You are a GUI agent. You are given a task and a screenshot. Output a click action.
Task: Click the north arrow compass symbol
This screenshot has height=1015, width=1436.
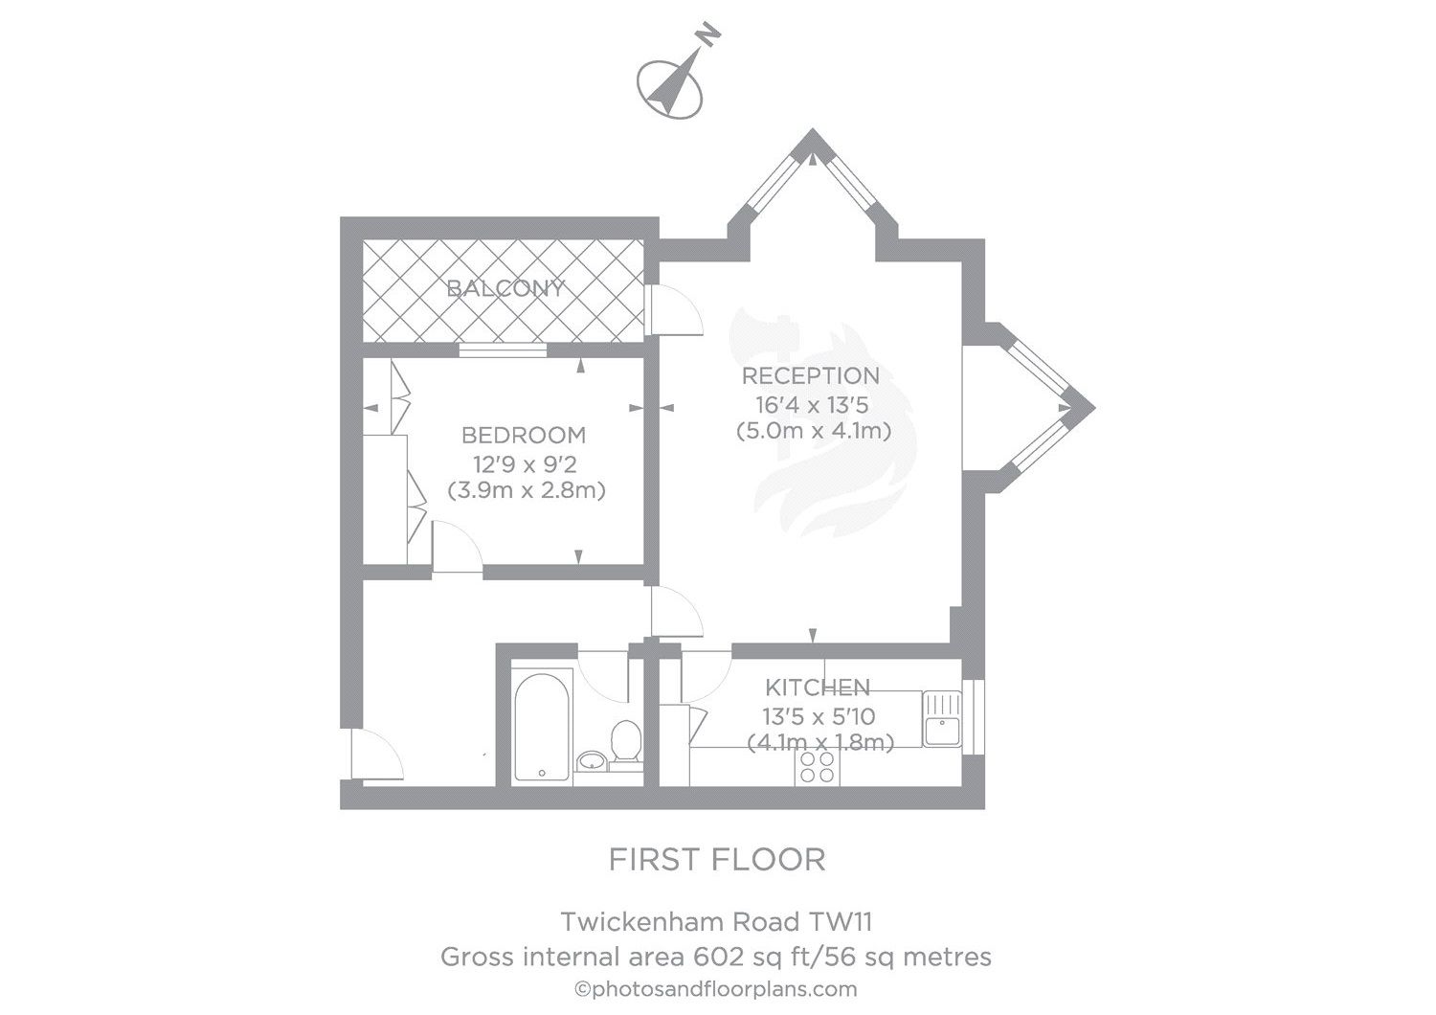click(674, 77)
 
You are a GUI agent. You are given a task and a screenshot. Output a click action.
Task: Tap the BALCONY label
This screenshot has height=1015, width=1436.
click(505, 288)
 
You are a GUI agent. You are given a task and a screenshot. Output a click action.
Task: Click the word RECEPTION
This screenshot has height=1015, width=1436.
click(811, 375)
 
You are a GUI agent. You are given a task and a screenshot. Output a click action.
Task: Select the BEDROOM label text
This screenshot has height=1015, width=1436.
click(524, 436)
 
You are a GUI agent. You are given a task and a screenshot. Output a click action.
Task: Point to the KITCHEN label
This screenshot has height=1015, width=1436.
click(817, 687)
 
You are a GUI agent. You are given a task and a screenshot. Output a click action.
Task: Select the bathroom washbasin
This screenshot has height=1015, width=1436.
click(592, 761)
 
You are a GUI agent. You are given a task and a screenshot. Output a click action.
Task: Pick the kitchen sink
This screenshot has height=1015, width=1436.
click(943, 717)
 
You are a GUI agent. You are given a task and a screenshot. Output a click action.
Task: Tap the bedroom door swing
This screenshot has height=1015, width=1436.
click(457, 548)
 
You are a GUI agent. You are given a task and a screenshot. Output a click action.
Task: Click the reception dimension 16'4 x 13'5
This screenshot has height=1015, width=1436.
click(811, 404)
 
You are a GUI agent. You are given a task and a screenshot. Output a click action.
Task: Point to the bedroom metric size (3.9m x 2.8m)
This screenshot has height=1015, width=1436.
click(527, 491)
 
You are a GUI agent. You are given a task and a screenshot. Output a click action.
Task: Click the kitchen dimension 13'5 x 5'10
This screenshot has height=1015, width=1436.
click(819, 715)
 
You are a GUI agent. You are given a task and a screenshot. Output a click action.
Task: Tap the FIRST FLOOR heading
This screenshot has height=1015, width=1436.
click(717, 860)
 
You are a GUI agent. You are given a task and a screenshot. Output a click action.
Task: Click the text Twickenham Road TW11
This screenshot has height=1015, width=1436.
click(716, 922)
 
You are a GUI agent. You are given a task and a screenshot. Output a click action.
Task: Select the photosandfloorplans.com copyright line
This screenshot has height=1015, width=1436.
click(715, 989)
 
